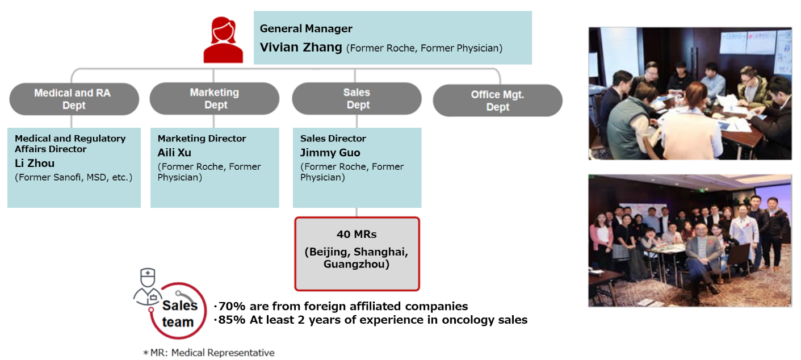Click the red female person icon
click(x=223, y=40)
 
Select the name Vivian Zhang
click(x=301, y=47)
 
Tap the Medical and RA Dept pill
click(x=74, y=99)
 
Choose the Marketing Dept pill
click(x=214, y=99)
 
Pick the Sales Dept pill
click(x=357, y=99)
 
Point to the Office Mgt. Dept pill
click(x=497, y=101)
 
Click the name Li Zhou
click(x=35, y=163)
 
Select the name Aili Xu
click(x=174, y=153)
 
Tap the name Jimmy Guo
click(x=330, y=153)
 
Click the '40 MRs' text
click(x=357, y=235)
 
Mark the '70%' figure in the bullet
click(x=232, y=306)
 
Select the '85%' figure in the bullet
click(x=232, y=320)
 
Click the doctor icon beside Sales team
click(x=148, y=286)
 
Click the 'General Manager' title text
click(x=306, y=28)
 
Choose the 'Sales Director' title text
click(x=333, y=139)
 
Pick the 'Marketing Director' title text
click(x=202, y=139)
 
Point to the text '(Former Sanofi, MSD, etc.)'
click(x=73, y=178)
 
